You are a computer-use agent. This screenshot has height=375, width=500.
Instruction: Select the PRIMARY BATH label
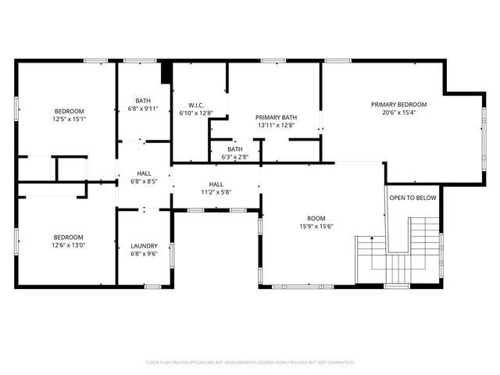(x=276, y=116)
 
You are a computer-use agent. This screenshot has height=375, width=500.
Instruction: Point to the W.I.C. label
(x=196, y=105)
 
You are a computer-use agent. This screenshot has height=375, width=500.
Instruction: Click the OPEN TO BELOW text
(x=412, y=198)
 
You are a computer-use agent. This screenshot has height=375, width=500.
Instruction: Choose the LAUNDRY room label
(x=144, y=245)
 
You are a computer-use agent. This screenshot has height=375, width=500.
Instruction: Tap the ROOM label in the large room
(x=316, y=218)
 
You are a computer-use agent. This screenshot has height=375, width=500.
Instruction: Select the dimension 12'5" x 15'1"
(x=69, y=119)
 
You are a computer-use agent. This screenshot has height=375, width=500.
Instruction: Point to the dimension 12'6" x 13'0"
(x=69, y=245)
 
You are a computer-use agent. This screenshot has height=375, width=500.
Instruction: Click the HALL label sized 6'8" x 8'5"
(x=144, y=173)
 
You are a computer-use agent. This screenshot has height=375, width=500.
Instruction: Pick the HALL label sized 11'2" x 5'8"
(x=216, y=184)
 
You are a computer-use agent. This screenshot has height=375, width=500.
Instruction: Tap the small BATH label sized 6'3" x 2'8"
(x=234, y=149)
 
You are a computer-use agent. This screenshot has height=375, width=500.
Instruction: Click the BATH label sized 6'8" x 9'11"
(x=143, y=100)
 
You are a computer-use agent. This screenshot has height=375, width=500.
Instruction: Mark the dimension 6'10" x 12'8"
(x=196, y=112)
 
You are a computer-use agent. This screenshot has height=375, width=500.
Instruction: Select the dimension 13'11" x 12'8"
(x=276, y=124)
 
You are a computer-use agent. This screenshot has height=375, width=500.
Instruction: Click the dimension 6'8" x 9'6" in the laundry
(x=144, y=253)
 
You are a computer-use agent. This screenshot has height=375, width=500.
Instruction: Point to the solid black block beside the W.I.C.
(x=166, y=72)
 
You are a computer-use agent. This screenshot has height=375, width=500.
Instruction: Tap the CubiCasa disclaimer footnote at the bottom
(x=250, y=362)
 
